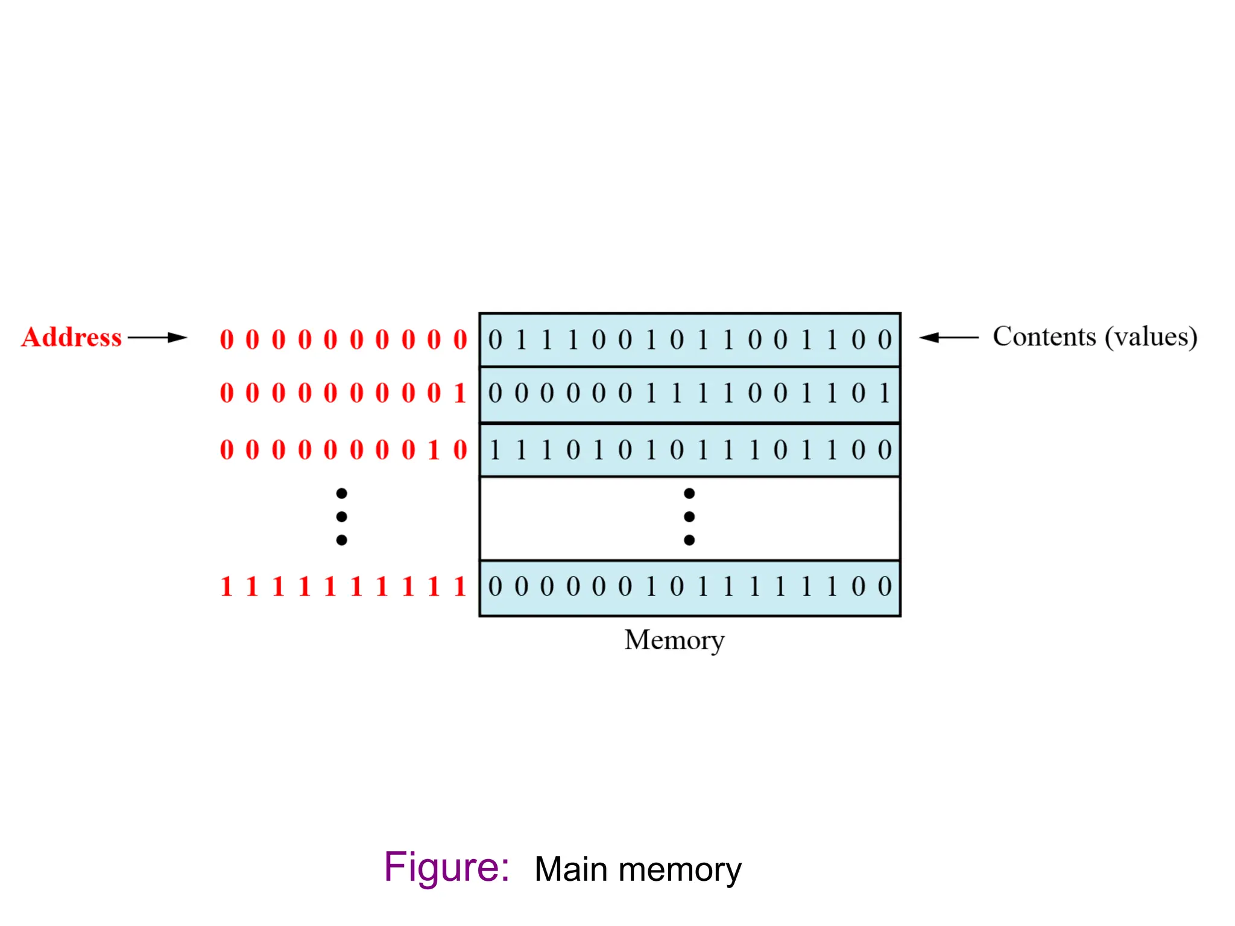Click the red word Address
pyautogui.click(x=71, y=337)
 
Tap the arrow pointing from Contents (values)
pyautogui.click(x=948, y=338)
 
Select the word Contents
pyautogui.click(x=1044, y=336)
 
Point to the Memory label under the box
pyautogui.click(x=674, y=640)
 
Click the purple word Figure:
pyautogui.click(x=446, y=868)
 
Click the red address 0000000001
pyautogui.click(x=343, y=393)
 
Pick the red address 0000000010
pyautogui.click(x=343, y=450)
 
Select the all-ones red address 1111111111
pyautogui.click(x=343, y=586)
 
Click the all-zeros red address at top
pyautogui.click(x=343, y=339)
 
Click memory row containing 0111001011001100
pyautogui.click(x=689, y=340)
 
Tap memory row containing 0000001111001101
pyautogui.click(x=689, y=394)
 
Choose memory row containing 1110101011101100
pyautogui.click(x=689, y=450)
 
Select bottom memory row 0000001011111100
pyautogui.click(x=689, y=587)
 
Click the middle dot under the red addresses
pyautogui.click(x=341, y=517)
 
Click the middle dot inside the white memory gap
pyautogui.click(x=689, y=517)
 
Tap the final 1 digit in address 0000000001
pyautogui.click(x=460, y=393)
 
